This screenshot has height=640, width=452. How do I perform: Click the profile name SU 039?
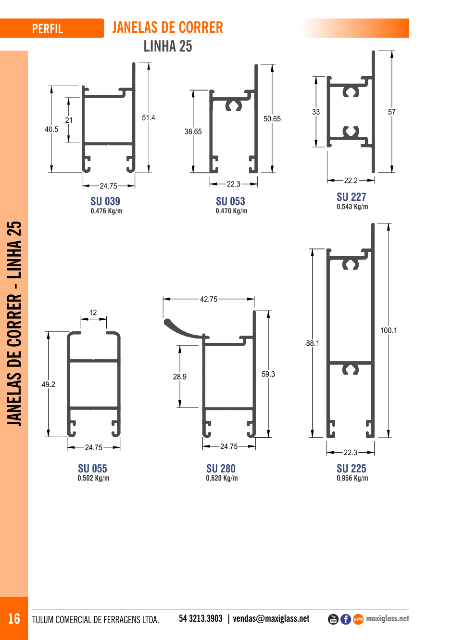click(x=105, y=201)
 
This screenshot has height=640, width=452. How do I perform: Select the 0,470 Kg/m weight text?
click(x=231, y=211)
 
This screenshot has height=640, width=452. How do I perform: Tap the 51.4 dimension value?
click(x=149, y=118)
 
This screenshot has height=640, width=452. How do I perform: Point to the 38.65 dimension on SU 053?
click(x=193, y=131)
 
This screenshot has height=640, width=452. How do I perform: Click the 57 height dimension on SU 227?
click(x=391, y=112)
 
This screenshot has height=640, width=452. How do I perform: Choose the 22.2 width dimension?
click(x=351, y=180)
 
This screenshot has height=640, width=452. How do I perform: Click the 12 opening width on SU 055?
click(x=93, y=312)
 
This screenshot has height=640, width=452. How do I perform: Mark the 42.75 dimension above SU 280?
click(x=208, y=299)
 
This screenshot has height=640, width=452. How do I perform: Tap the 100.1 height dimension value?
click(x=389, y=330)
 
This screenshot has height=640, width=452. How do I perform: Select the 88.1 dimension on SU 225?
click(x=313, y=343)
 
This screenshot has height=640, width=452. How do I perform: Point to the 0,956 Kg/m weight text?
click(x=352, y=478)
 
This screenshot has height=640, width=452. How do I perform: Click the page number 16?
click(x=14, y=619)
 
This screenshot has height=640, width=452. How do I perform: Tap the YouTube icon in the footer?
click(x=333, y=619)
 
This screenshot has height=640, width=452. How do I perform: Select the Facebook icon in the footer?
click(x=346, y=619)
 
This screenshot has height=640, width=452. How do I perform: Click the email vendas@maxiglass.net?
click(x=271, y=619)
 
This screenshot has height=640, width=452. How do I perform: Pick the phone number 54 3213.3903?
click(x=201, y=619)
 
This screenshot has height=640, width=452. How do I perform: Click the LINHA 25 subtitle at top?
click(x=168, y=46)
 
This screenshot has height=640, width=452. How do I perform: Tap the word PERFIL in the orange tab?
click(x=48, y=29)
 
